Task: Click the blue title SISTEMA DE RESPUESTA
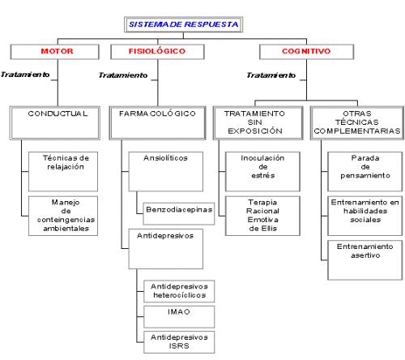tap(183, 24)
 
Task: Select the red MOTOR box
tap(55, 52)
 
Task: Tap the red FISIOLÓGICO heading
tap(157, 51)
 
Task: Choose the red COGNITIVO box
tap(306, 52)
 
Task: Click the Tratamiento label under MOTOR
tap(25, 75)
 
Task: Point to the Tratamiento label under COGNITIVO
tap(271, 75)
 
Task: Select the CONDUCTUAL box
tap(55, 123)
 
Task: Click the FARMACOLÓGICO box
tap(157, 123)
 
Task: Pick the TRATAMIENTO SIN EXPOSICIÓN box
tap(258, 123)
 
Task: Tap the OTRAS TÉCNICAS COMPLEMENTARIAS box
tap(357, 123)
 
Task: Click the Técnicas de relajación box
tap(63, 172)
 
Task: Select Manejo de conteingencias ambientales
tap(63, 216)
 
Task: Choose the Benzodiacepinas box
tap(179, 213)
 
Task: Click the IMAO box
tap(179, 317)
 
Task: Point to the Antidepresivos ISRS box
tap(179, 342)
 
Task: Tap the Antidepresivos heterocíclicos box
tap(179, 291)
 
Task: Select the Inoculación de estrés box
tap(262, 172)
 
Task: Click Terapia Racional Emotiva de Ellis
tap(262, 216)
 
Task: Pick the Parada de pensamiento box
tap(365, 172)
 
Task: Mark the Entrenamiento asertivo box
tap(365, 260)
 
